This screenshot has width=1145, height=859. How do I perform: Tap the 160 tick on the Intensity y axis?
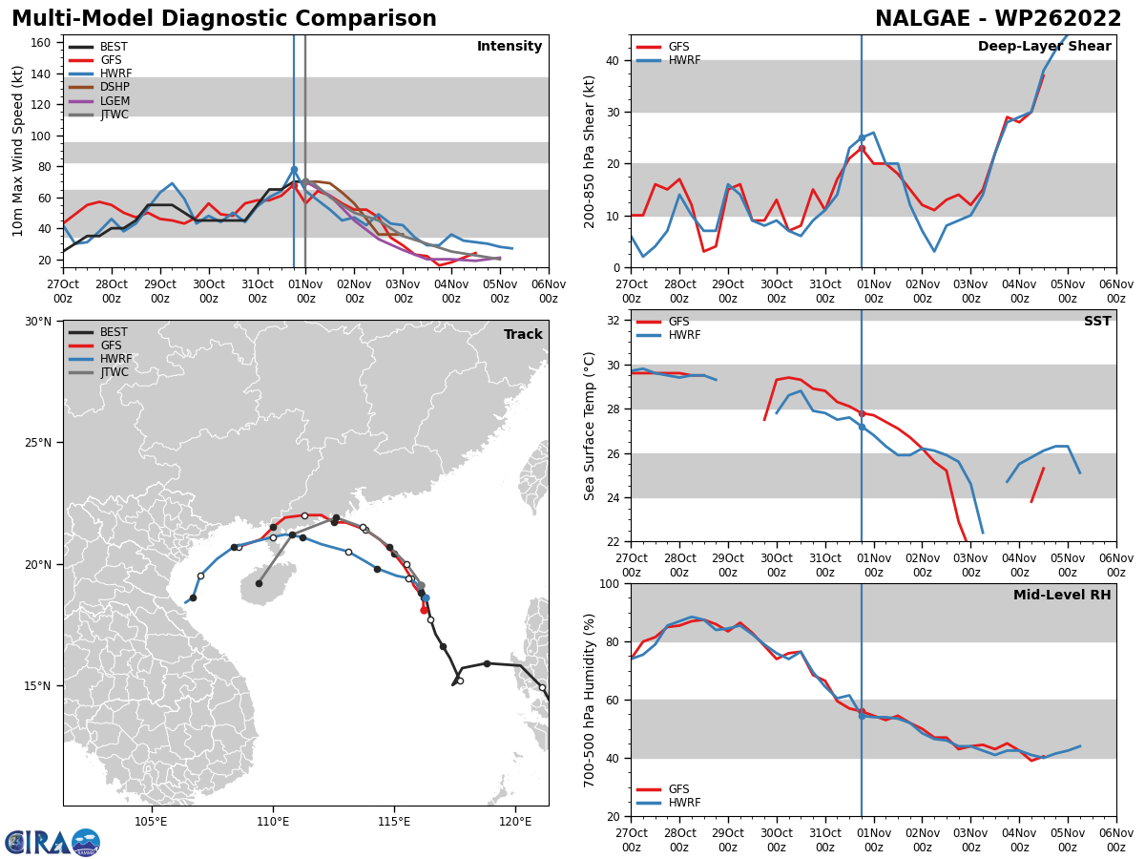tap(41, 43)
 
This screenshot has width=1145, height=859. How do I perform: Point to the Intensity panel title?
tap(510, 47)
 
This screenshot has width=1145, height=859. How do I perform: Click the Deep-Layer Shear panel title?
tap(1044, 47)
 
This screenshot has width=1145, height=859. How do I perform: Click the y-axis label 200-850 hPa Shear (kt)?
tap(590, 151)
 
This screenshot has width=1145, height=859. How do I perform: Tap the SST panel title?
tap(1097, 322)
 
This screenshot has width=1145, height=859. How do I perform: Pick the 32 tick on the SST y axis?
tap(614, 321)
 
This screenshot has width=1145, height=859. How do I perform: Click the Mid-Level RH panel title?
tap(1062, 596)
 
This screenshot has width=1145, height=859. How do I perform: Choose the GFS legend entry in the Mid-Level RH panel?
tap(678, 789)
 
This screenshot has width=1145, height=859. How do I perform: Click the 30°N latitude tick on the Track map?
tap(38, 322)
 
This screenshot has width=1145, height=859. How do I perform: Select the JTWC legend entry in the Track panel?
tap(114, 373)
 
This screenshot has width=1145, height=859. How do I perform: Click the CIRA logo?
tap(52, 843)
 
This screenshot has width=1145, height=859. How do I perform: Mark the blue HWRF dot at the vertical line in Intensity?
tap(294, 170)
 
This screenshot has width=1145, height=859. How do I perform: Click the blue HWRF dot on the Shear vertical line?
tap(862, 138)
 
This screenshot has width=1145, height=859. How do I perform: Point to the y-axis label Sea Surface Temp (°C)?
tap(590, 426)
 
